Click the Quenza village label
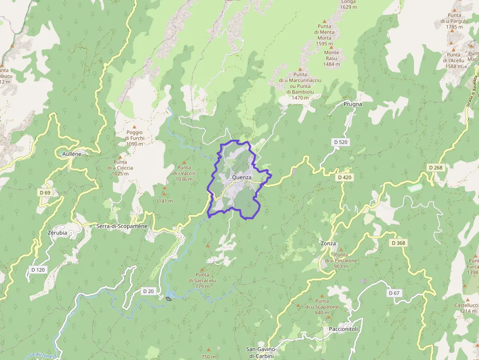pyautogui.click(x=242, y=177)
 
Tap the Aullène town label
pyautogui.click(x=72, y=153)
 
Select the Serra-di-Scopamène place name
pyautogui.click(x=122, y=226)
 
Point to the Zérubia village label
pyautogui.click(x=58, y=233)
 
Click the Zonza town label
pyautogui.click(x=328, y=243)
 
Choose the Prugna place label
pyautogui.click(x=352, y=105)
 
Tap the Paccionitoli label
pyautogui.click(x=343, y=329)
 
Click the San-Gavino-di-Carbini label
pyautogui.click(x=261, y=353)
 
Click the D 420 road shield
pyautogui.click(x=344, y=177)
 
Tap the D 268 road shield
pyautogui.click(x=435, y=168)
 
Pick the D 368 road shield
pyautogui.click(x=398, y=243)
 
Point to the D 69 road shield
pyautogui.click(x=44, y=192)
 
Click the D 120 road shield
pyautogui.click(x=38, y=269)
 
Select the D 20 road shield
pyautogui.click(x=148, y=291)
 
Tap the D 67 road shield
pyautogui.click(x=393, y=293)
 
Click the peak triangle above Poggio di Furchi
pyautogui.click(x=134, y=127)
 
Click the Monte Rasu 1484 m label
pyautogui.click(x=331, y=58)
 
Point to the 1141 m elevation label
pyautogui.click(x=164, y=201)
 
